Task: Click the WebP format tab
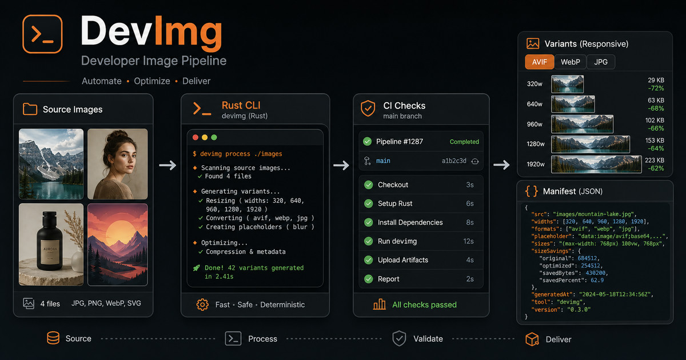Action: (x=571, y=62)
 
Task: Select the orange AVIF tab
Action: (x=539, y=62)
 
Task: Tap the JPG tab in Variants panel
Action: (x=601, y=62)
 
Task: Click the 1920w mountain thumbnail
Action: (x=596, y=165)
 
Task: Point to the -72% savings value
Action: (x=656, y=89)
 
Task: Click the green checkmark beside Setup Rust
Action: (x=368, y=203)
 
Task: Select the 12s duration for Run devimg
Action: (x=468, y=241)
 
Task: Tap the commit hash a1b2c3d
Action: (x=454, y=161)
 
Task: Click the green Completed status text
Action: (x=464, y=142)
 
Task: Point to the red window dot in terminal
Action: (x=196, y=138)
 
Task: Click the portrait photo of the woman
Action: (x=118, y=164)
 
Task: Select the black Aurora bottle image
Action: (x=51, y=245)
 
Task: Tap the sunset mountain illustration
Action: (x=118, y=245)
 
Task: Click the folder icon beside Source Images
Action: (x=30, y=109)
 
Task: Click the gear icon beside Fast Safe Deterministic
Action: (x=202, y=305)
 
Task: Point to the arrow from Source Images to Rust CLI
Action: (x=168, y=165)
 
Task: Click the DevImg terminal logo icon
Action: (x=42, y=34)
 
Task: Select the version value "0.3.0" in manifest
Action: (x=579, y=310)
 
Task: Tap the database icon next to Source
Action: (x=53, y=338)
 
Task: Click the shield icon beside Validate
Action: (x=400, y=338)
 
